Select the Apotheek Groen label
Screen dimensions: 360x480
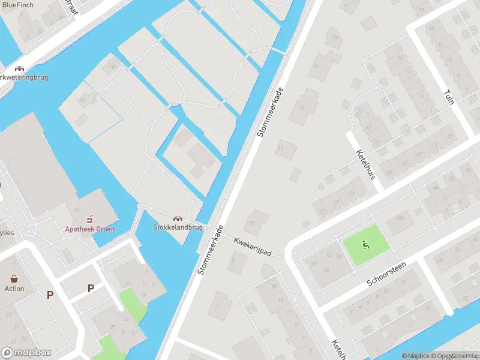click(x=90, y=229)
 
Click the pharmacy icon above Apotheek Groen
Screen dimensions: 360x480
click(x=91, y=218)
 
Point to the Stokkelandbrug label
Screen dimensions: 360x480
click(x=178, y=227)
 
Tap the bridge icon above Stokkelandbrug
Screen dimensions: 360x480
click(x=178, y=218)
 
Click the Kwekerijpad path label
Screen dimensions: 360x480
click(x=252, y=247)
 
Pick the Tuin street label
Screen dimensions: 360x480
click(x=448, y=97)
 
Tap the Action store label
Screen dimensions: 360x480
click(x=14, y=289)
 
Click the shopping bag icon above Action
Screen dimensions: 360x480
click(x=14, y=278)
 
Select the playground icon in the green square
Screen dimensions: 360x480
click(x=365, y=244)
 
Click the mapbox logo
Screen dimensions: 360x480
click(x=26, y=353)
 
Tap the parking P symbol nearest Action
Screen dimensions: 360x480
click(x=50, y=295)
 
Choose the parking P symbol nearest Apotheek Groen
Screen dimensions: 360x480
click(x=91, y=288)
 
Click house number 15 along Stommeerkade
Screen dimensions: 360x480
click(x=302, y=107)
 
